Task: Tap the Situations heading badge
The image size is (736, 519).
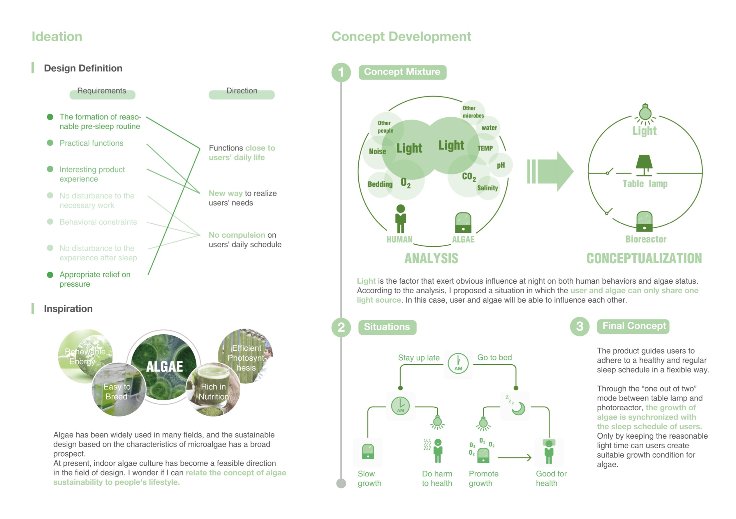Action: [387, 327]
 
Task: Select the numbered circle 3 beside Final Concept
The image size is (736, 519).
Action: [580, 326]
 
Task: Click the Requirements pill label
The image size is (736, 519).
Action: [102, 92]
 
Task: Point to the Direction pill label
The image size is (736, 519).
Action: [242, 92]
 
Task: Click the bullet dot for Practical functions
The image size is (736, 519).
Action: [50, 143]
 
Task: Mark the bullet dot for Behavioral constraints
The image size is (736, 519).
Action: [50, 222]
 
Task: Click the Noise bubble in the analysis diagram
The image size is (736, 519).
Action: [377, 151]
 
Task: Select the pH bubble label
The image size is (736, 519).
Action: [501, 165]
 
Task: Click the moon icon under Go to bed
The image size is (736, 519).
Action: [518, 408]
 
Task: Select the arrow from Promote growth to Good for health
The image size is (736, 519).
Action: [514, 458]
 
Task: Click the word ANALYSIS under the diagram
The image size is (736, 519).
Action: [431, 259]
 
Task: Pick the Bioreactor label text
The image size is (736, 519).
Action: [646, 239]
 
